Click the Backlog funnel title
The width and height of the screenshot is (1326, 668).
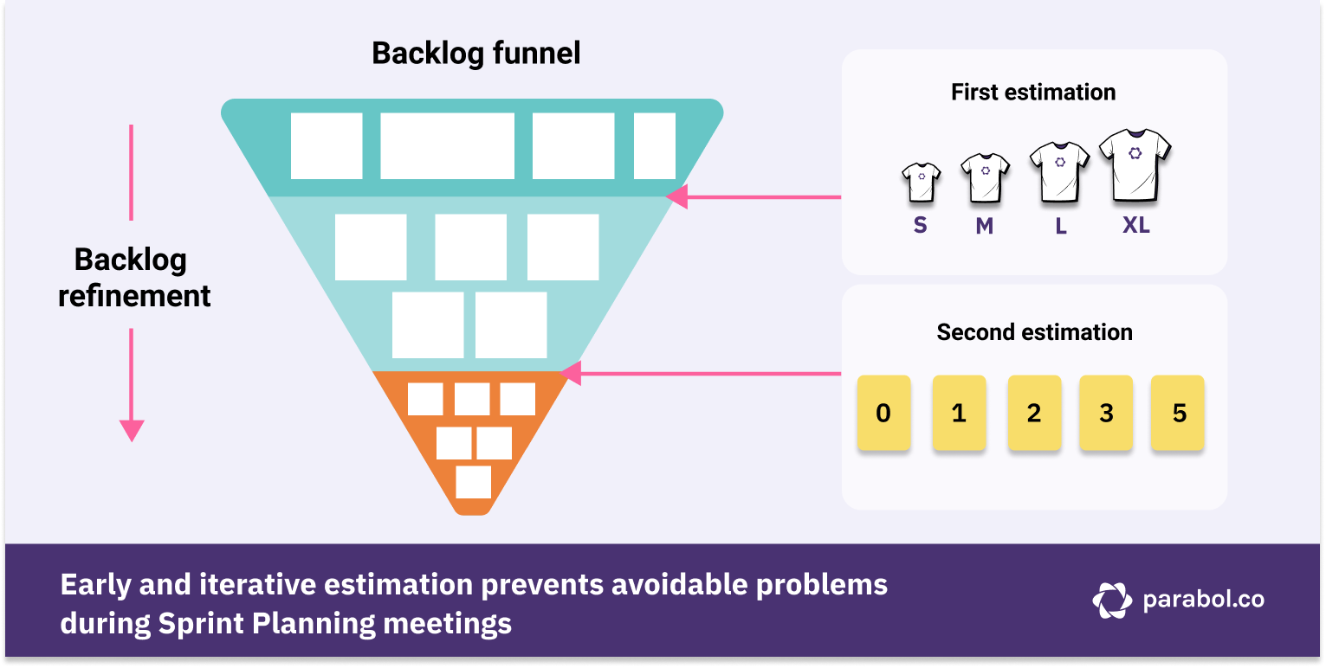pyautogui.click(x=475, y=54)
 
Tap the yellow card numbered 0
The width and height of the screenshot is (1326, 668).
pyautogui.click(x=883, y=413)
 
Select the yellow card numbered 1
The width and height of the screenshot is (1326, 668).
pyautogui.click(x=959, y=413)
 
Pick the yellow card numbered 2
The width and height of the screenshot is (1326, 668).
pyautogui.click(x=1034, y=413)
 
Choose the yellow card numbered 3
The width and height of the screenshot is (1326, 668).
pyautogui.click(x=1106, y=413)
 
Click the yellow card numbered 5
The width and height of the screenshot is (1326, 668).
pyautogui.click(x=1178, y=413)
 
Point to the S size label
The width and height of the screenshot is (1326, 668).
pyautogui.click(x=920, y=226)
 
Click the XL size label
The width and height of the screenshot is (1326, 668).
pyautogui.click(x=1135, y=226)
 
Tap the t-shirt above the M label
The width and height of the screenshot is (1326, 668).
pyautogui.click(x=985, y=177)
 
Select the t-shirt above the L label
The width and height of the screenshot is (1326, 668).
pyautogui.click(x=1059, y=170)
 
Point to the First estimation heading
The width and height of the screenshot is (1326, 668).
pyautogui.click(x=1033, y=93)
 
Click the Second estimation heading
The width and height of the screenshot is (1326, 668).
pyautogui.click(x=1034, y=332)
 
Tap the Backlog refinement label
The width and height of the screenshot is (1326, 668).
pyautogui.click(x=134, y=278)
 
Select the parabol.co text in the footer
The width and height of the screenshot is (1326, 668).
pyautogui.click(x=1203, y=600)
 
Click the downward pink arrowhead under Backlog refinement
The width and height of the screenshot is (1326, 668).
pyautogui.click(x=132, y=430)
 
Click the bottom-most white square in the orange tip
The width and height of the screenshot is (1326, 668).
pyautogui.click(x=473, y=482)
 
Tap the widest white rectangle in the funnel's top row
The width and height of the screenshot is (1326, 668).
pyautogui.click(x=447, y=146)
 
